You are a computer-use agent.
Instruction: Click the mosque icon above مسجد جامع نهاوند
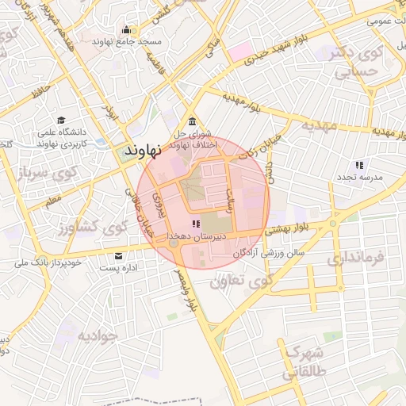tap(126, 31)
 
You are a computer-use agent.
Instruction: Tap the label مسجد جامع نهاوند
tap(127, 41)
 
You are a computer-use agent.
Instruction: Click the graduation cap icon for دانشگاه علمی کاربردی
tap(61, 121)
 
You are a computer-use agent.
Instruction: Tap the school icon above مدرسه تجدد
tap(359, 166)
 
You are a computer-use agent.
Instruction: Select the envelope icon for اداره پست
tap(119, 256)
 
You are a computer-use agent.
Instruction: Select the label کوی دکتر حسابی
tap(364, 62)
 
